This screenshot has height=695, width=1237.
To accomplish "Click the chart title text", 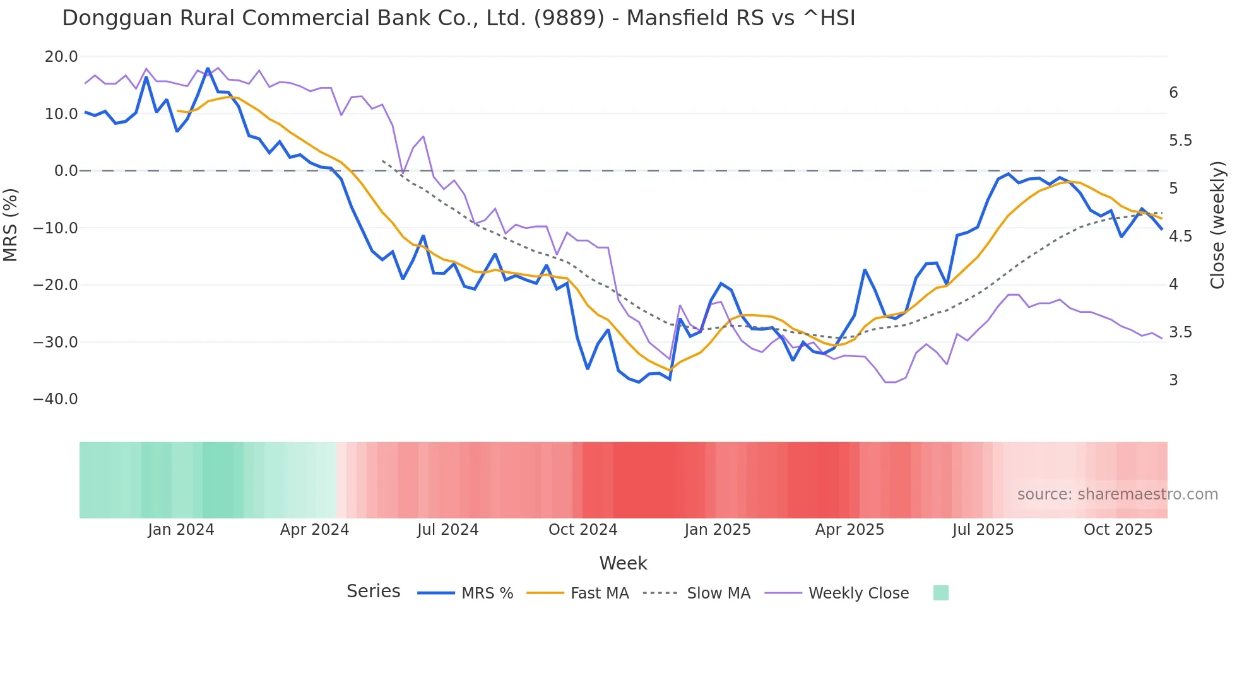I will pyautogui.click(x=458, y=18).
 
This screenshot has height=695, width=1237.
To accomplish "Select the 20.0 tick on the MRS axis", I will pyautogui.click(x=61, y=57).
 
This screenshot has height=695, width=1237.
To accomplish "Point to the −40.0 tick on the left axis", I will pyautogui.click(x=56, y=399).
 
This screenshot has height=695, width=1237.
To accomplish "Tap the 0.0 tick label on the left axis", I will pyautogui.click(x=66, y=171).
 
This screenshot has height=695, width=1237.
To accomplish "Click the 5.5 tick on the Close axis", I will pyautogui.click(x=1180, y=141).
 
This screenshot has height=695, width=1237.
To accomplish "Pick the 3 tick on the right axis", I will pyautogui.click(x=1173, y=380).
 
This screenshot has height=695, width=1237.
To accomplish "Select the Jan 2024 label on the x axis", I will pyautogui.click(x=181, y=530).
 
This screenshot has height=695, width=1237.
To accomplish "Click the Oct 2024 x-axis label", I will pyautogui.click(x=583, y=530).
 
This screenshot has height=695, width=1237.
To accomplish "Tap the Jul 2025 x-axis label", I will pyautogui.click(x=983, y=530).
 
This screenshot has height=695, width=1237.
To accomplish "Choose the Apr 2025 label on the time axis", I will pyautogui.click(x=849, y=530).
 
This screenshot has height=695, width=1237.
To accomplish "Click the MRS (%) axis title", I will pyautogui.click(x=11, y=225).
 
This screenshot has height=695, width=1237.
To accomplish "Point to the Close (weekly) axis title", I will pyautogui.click(x=1217, y=225).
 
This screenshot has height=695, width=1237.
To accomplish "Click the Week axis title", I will pyautogui.click(x=623, y=563).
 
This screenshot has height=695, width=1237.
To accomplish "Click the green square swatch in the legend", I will pyautogui.click(x=940, y=593).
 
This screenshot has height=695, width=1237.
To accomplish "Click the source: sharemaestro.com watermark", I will pyautogui.click(x=1117, y=494).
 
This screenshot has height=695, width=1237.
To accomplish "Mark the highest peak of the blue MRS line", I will pyautogui.click(x=208, y=69).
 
